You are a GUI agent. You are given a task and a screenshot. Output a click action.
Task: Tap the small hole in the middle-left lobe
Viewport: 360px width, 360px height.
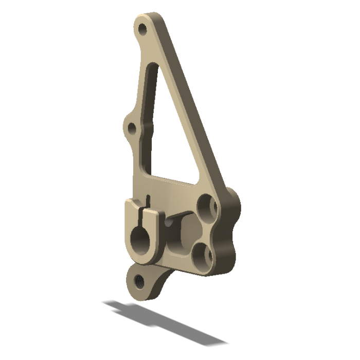point(132,127)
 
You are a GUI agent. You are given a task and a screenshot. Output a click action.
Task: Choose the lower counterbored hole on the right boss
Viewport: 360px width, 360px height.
point(201,255)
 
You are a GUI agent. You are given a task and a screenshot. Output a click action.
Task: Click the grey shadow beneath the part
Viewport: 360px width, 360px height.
point(165,321)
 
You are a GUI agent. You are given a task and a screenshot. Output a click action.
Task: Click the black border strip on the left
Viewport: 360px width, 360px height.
point(28,180)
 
